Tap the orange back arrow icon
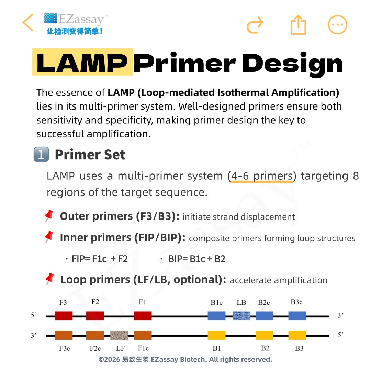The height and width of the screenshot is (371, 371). click(x=28, y=22)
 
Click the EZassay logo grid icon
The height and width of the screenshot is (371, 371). click(x=50, y=18)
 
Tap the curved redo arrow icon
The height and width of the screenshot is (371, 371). click(x=255, y=25)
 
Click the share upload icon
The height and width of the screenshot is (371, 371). click(x=298, y=25)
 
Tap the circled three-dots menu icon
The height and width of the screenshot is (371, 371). click(x=337, y=25)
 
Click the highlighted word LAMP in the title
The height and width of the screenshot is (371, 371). click(x=82, y=63)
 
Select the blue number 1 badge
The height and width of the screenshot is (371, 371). click(x=41, y=154)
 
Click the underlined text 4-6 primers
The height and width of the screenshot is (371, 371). click(x=262, y=176)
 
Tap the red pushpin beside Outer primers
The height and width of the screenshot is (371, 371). click(x=49, y=215)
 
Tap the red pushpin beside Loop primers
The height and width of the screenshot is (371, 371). click(x=49, y=279)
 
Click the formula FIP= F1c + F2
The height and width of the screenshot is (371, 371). click(x=100, y=259)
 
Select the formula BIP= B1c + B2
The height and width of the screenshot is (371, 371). click(x=196, y=259)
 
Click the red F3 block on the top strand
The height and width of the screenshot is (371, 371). click(x=64, y=316)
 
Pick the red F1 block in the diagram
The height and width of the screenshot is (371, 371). click(x=143, y=316)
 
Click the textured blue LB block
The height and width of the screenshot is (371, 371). click(x=241, y=316)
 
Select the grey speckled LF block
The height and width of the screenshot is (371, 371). click(x=119, y=336)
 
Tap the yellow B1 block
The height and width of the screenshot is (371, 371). click(x=216, y=336)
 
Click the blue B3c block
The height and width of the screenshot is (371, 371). click(x=297, y=316)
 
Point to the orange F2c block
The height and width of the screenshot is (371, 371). click(x=95, y=336)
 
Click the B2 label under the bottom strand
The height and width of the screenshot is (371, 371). click(x=265, y=348)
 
